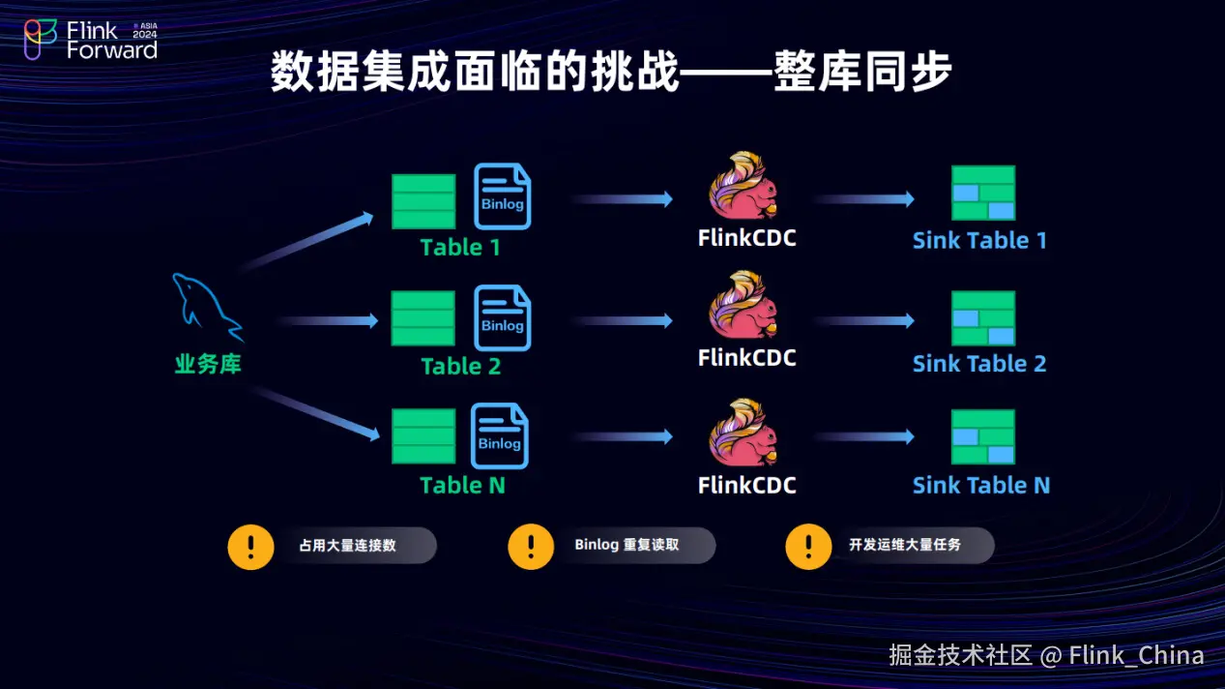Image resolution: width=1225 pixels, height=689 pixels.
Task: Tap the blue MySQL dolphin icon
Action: [205, 308]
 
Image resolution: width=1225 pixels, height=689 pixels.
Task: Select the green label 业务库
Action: [208, 365]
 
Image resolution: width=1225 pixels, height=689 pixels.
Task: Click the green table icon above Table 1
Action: [423, 201]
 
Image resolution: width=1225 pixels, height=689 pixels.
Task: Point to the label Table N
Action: [462, 485]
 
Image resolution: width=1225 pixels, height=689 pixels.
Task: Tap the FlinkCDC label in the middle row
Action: [746, 358]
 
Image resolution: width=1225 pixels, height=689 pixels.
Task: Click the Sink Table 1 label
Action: [979, 241]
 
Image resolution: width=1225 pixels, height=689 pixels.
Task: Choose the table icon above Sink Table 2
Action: [983, 318]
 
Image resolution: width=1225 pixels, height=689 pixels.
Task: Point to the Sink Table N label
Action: [980, 485]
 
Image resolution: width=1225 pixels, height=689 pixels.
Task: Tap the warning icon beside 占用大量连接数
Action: [251, 546]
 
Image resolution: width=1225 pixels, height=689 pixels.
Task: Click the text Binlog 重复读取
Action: [627, 545]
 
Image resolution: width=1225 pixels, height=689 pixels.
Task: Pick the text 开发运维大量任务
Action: [905, 545]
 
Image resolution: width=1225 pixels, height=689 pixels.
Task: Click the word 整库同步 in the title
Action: [862, 74]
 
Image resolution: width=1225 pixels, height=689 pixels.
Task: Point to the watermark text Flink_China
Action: [1136, 655]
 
